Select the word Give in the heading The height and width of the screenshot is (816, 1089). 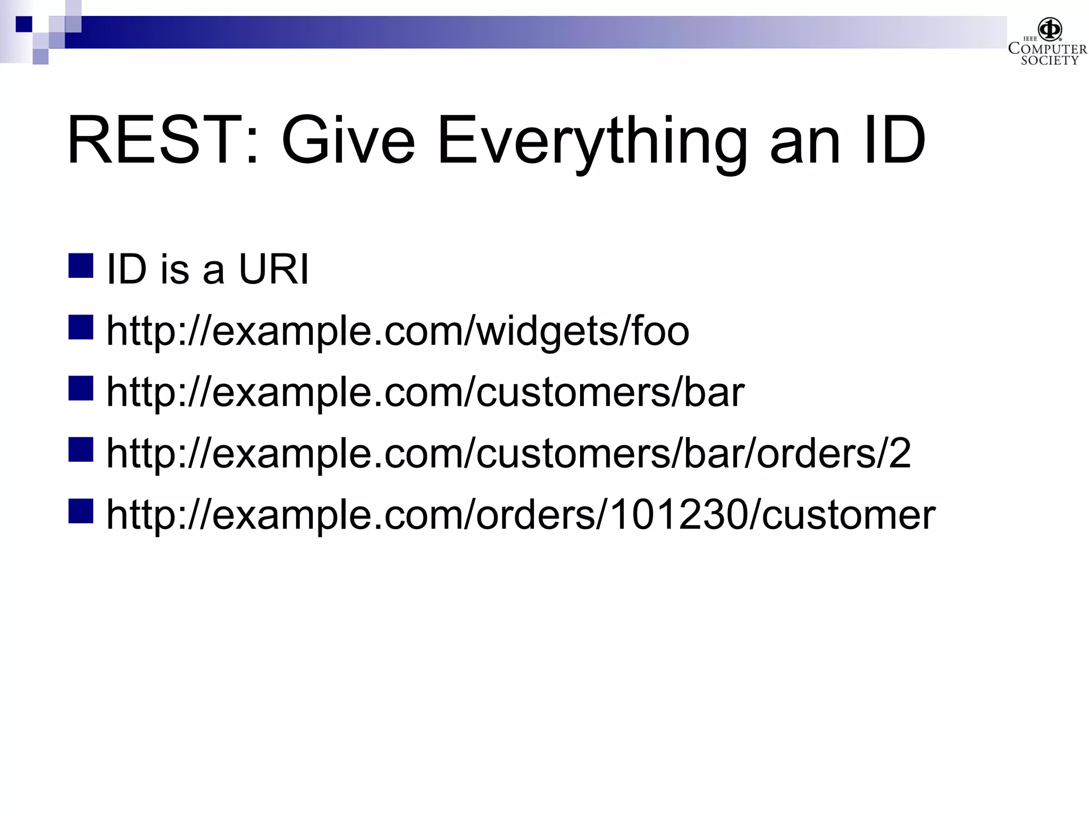click(x=348, y=141)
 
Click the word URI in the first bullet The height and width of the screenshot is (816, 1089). click(x=274, y=269)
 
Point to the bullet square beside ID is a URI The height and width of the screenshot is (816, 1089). click(x=81, y=266)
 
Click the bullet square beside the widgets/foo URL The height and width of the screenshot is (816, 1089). click(x=81, y=327)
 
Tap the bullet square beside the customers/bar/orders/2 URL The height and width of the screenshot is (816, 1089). click(x=81, y=449)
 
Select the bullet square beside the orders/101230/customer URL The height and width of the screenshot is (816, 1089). click(x=81, y=511)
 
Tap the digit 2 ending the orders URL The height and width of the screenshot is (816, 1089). click(x=899, y=453)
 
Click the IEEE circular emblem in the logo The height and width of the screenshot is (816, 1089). click(x=1050, y=29)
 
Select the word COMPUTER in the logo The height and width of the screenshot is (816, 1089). click(x=1048, y=49)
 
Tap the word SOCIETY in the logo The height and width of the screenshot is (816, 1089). click(x=1049, y=61)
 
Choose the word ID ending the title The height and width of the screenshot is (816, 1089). click(x=895, y=141)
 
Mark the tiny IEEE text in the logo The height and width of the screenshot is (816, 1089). click(x=1030, y=39)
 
